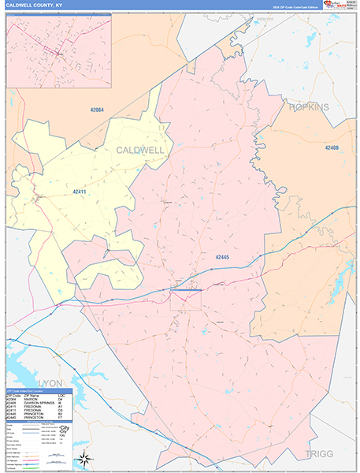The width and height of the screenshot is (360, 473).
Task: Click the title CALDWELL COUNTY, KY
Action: (x=35, y=5)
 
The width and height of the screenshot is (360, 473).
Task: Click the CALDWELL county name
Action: (x=140, y=150)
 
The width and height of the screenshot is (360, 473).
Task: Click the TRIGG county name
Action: (x=318, y=454)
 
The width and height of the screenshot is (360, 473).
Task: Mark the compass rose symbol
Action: (x=83, y=459)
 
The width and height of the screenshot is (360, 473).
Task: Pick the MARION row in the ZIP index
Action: (x=36, y=401)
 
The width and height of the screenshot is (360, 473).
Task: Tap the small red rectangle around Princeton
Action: (x=186, y=300)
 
